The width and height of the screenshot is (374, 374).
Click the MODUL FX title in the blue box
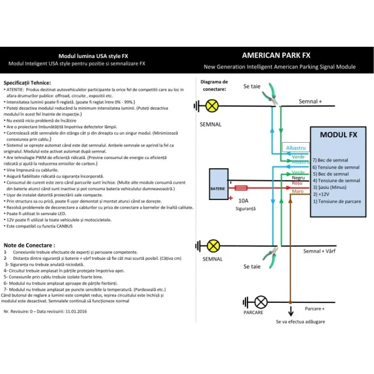coord(337,135)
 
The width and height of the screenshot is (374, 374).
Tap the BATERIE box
coord(218,188)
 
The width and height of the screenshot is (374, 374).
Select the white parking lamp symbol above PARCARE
coord(261,302)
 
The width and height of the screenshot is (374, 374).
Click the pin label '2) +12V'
coord(324,194)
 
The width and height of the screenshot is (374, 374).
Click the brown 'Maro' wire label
coord(298,191)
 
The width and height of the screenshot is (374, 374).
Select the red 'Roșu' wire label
coord(298,185)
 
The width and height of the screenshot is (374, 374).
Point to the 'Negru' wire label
coord(299,178)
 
